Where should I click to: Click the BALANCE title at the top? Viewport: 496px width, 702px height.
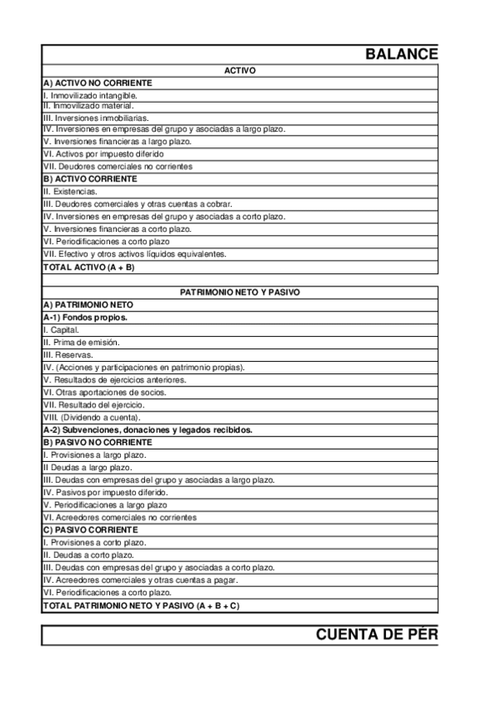point(402,55)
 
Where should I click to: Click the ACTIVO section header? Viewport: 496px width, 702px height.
point(240,71)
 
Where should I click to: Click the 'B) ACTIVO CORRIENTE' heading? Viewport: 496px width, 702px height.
point(90,179)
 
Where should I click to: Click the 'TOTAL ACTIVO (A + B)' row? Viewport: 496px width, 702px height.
point(89,267)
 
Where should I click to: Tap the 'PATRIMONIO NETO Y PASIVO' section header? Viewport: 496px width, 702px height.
point(240,292)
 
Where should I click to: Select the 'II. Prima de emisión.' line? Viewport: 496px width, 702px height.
point(81,342)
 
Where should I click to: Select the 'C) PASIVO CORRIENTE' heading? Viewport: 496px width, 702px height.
point(90,529)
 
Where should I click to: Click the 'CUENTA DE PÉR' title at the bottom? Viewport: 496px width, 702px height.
point(377,635)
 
